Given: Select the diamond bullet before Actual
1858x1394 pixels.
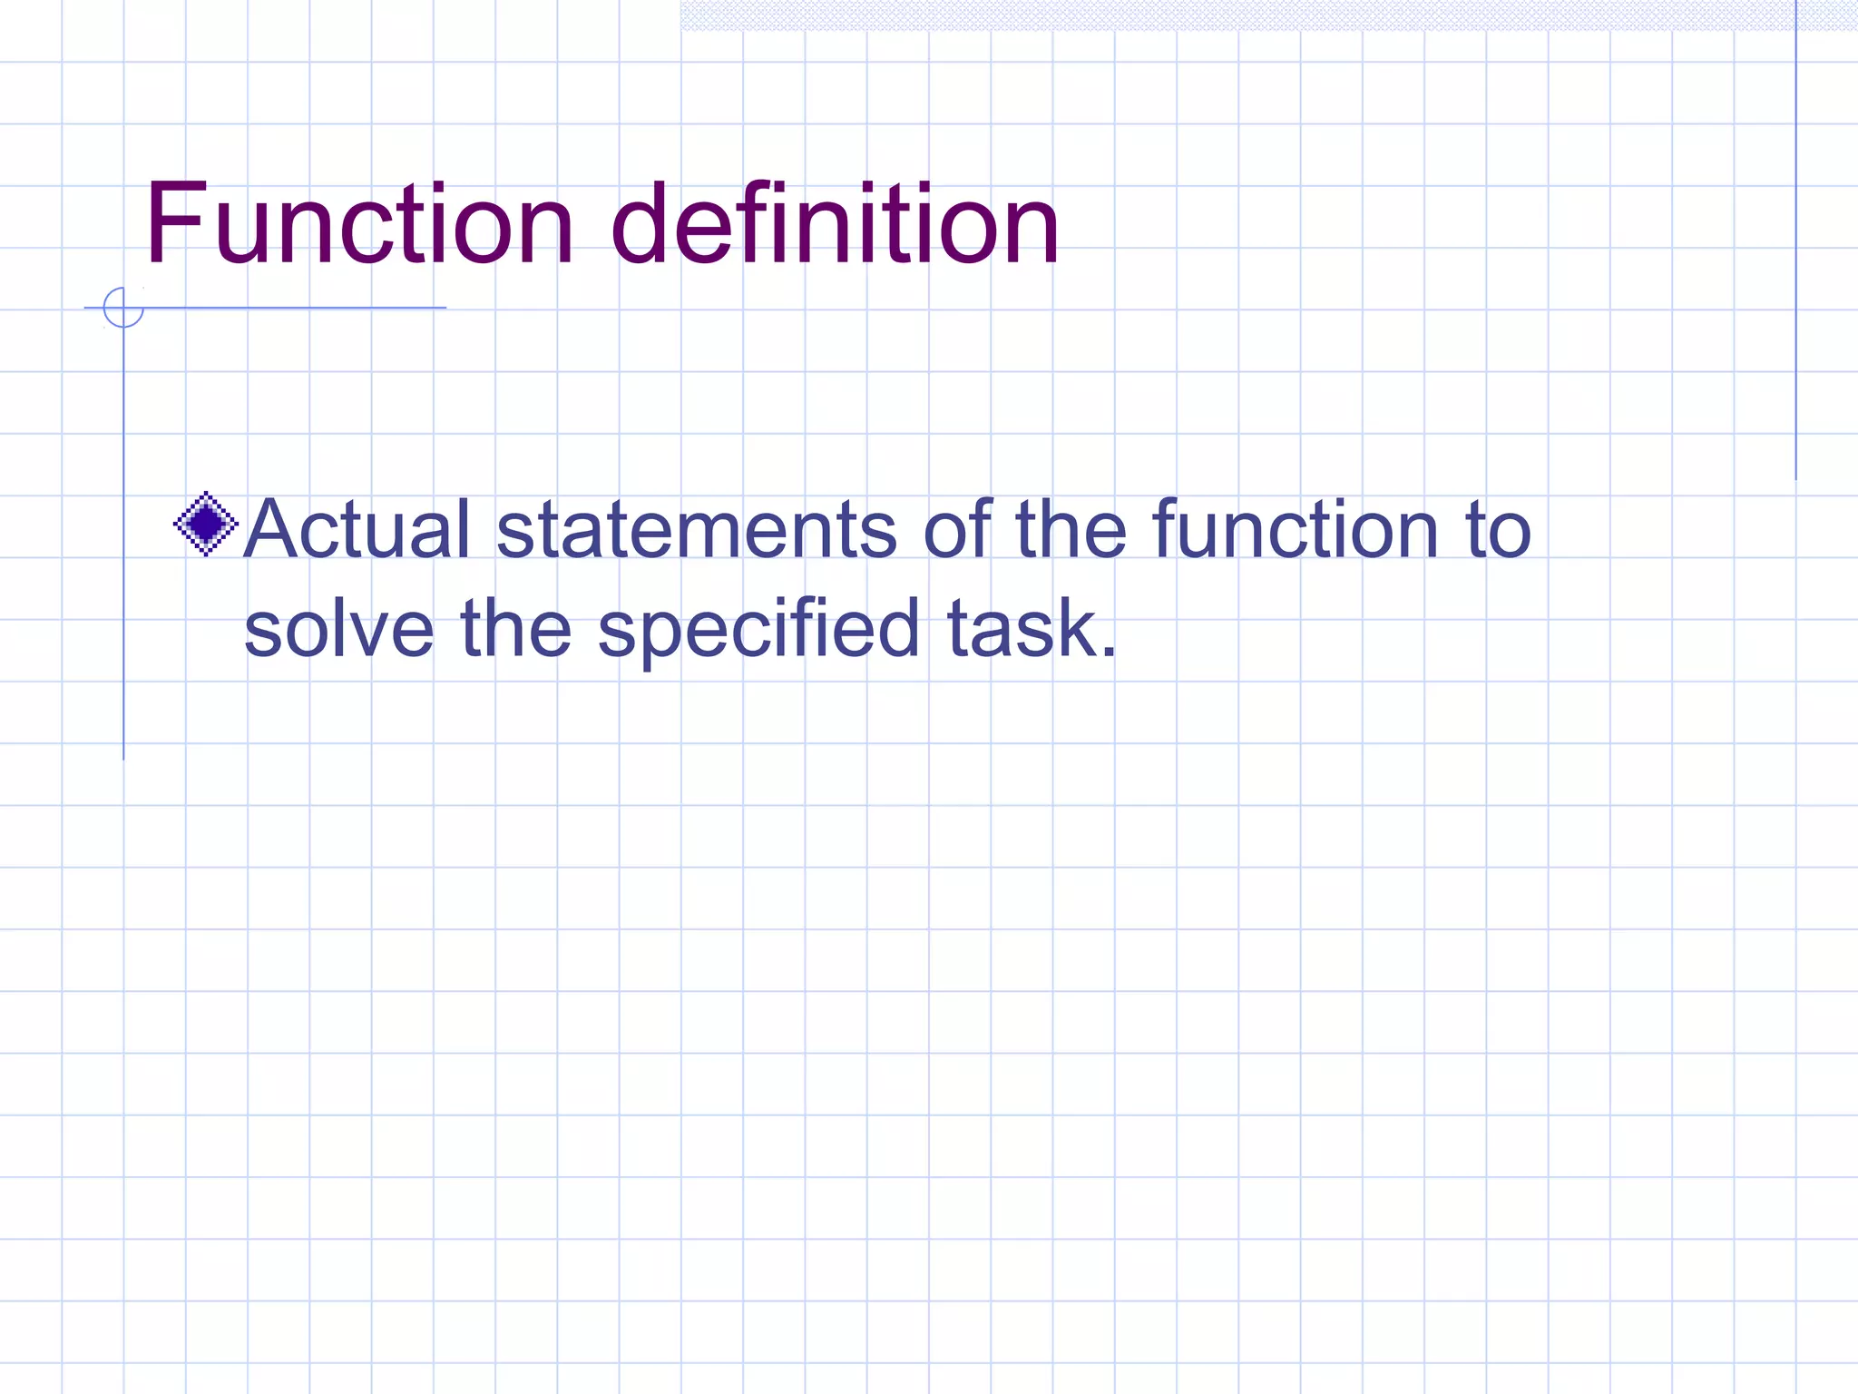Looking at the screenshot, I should [x=206, y=524].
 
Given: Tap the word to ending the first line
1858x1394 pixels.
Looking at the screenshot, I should [x=1498, y=531].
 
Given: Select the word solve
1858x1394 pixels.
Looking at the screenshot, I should [x=339, y=628].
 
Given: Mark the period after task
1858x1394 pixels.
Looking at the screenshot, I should [x=1109, y=652].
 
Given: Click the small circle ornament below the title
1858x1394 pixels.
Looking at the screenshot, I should [x=123, y=308].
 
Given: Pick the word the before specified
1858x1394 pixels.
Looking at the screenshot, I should [x=515, y=628].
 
